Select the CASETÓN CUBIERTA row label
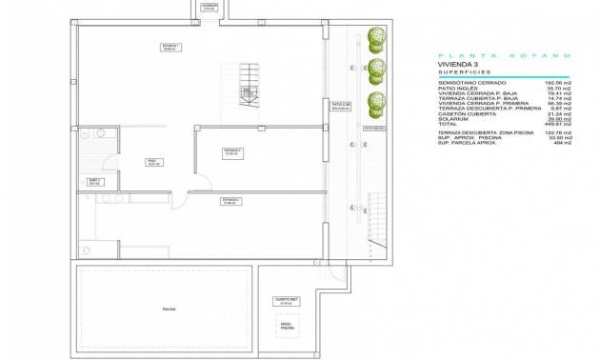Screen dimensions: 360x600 point(464,113)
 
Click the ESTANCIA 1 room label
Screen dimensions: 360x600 point(171,47)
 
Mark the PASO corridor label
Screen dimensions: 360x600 point(152,162)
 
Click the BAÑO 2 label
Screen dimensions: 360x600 point(94,180)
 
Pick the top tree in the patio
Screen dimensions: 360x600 point(374,39)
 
